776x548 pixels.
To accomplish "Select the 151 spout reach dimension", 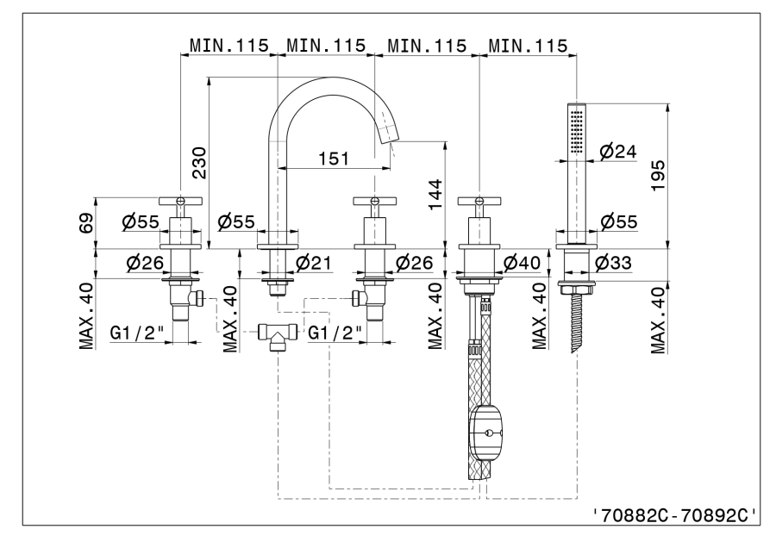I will (x=334, y=158).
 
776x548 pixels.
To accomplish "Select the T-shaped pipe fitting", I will (x=277, y=333).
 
